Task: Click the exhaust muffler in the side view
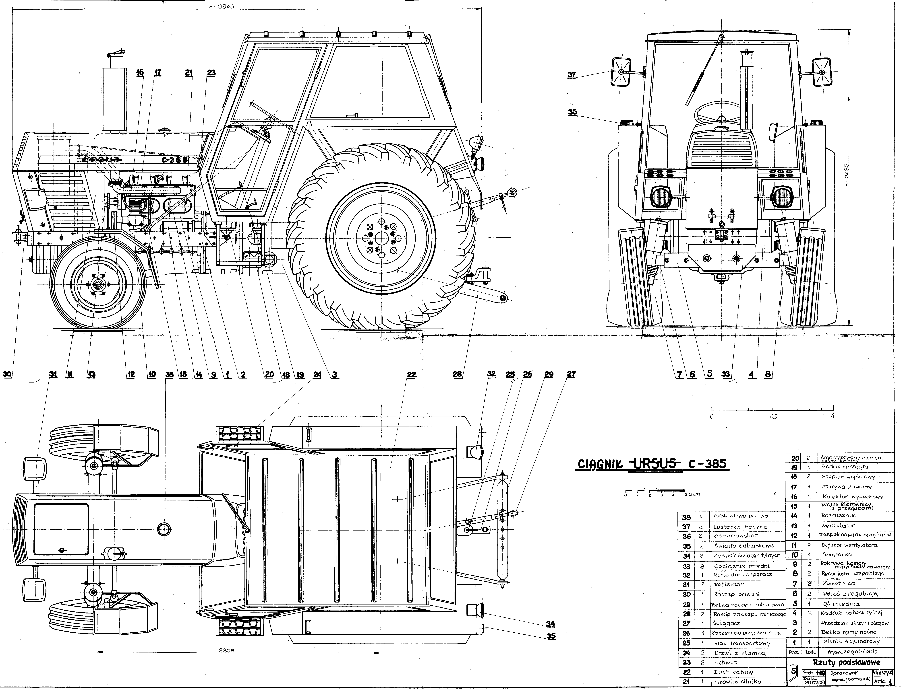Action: pyautogui.click(x=114, y=98)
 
